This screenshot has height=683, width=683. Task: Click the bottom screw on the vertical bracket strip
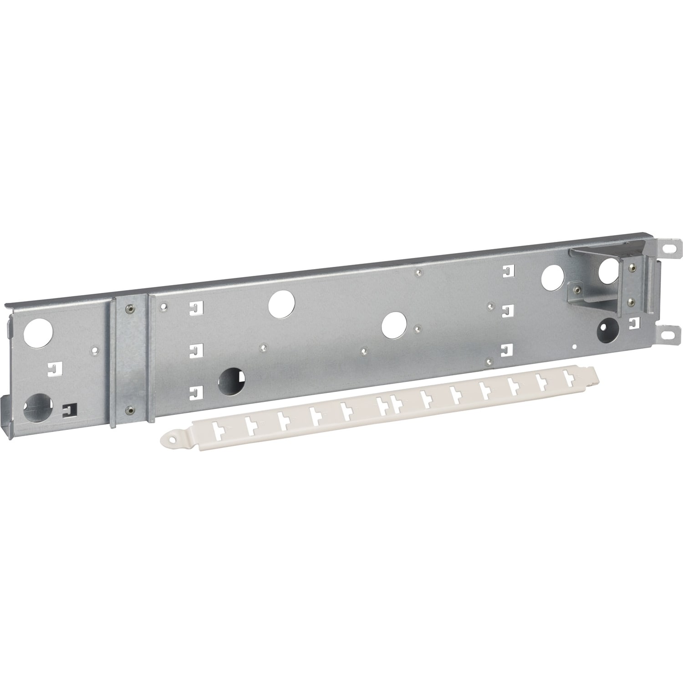click(131, 409)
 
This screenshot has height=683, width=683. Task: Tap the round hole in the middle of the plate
click(394, 325)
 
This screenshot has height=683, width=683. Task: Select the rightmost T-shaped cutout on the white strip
click(568, 377)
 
